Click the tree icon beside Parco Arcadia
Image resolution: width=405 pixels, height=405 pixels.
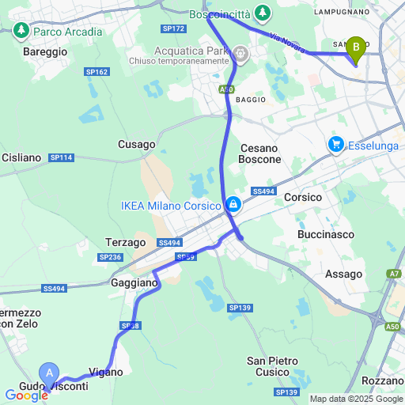point(21,32)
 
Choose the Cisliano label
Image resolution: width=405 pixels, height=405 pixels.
point(21,157)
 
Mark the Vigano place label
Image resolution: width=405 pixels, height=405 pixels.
point(106,372)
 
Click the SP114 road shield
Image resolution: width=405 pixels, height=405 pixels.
point(61,158)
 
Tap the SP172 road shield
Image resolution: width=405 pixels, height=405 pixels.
point(172,28)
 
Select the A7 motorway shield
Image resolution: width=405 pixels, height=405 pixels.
point(394,274)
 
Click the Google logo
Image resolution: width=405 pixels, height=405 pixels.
point(25,396)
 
